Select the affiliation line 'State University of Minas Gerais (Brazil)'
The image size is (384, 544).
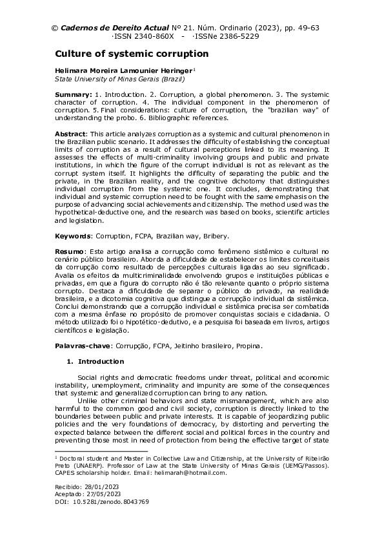coord(120,79)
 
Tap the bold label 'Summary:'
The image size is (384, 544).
coord(74,94)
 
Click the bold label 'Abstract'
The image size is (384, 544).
coord(71,133)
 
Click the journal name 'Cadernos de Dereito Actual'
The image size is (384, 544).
coord(115,28)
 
